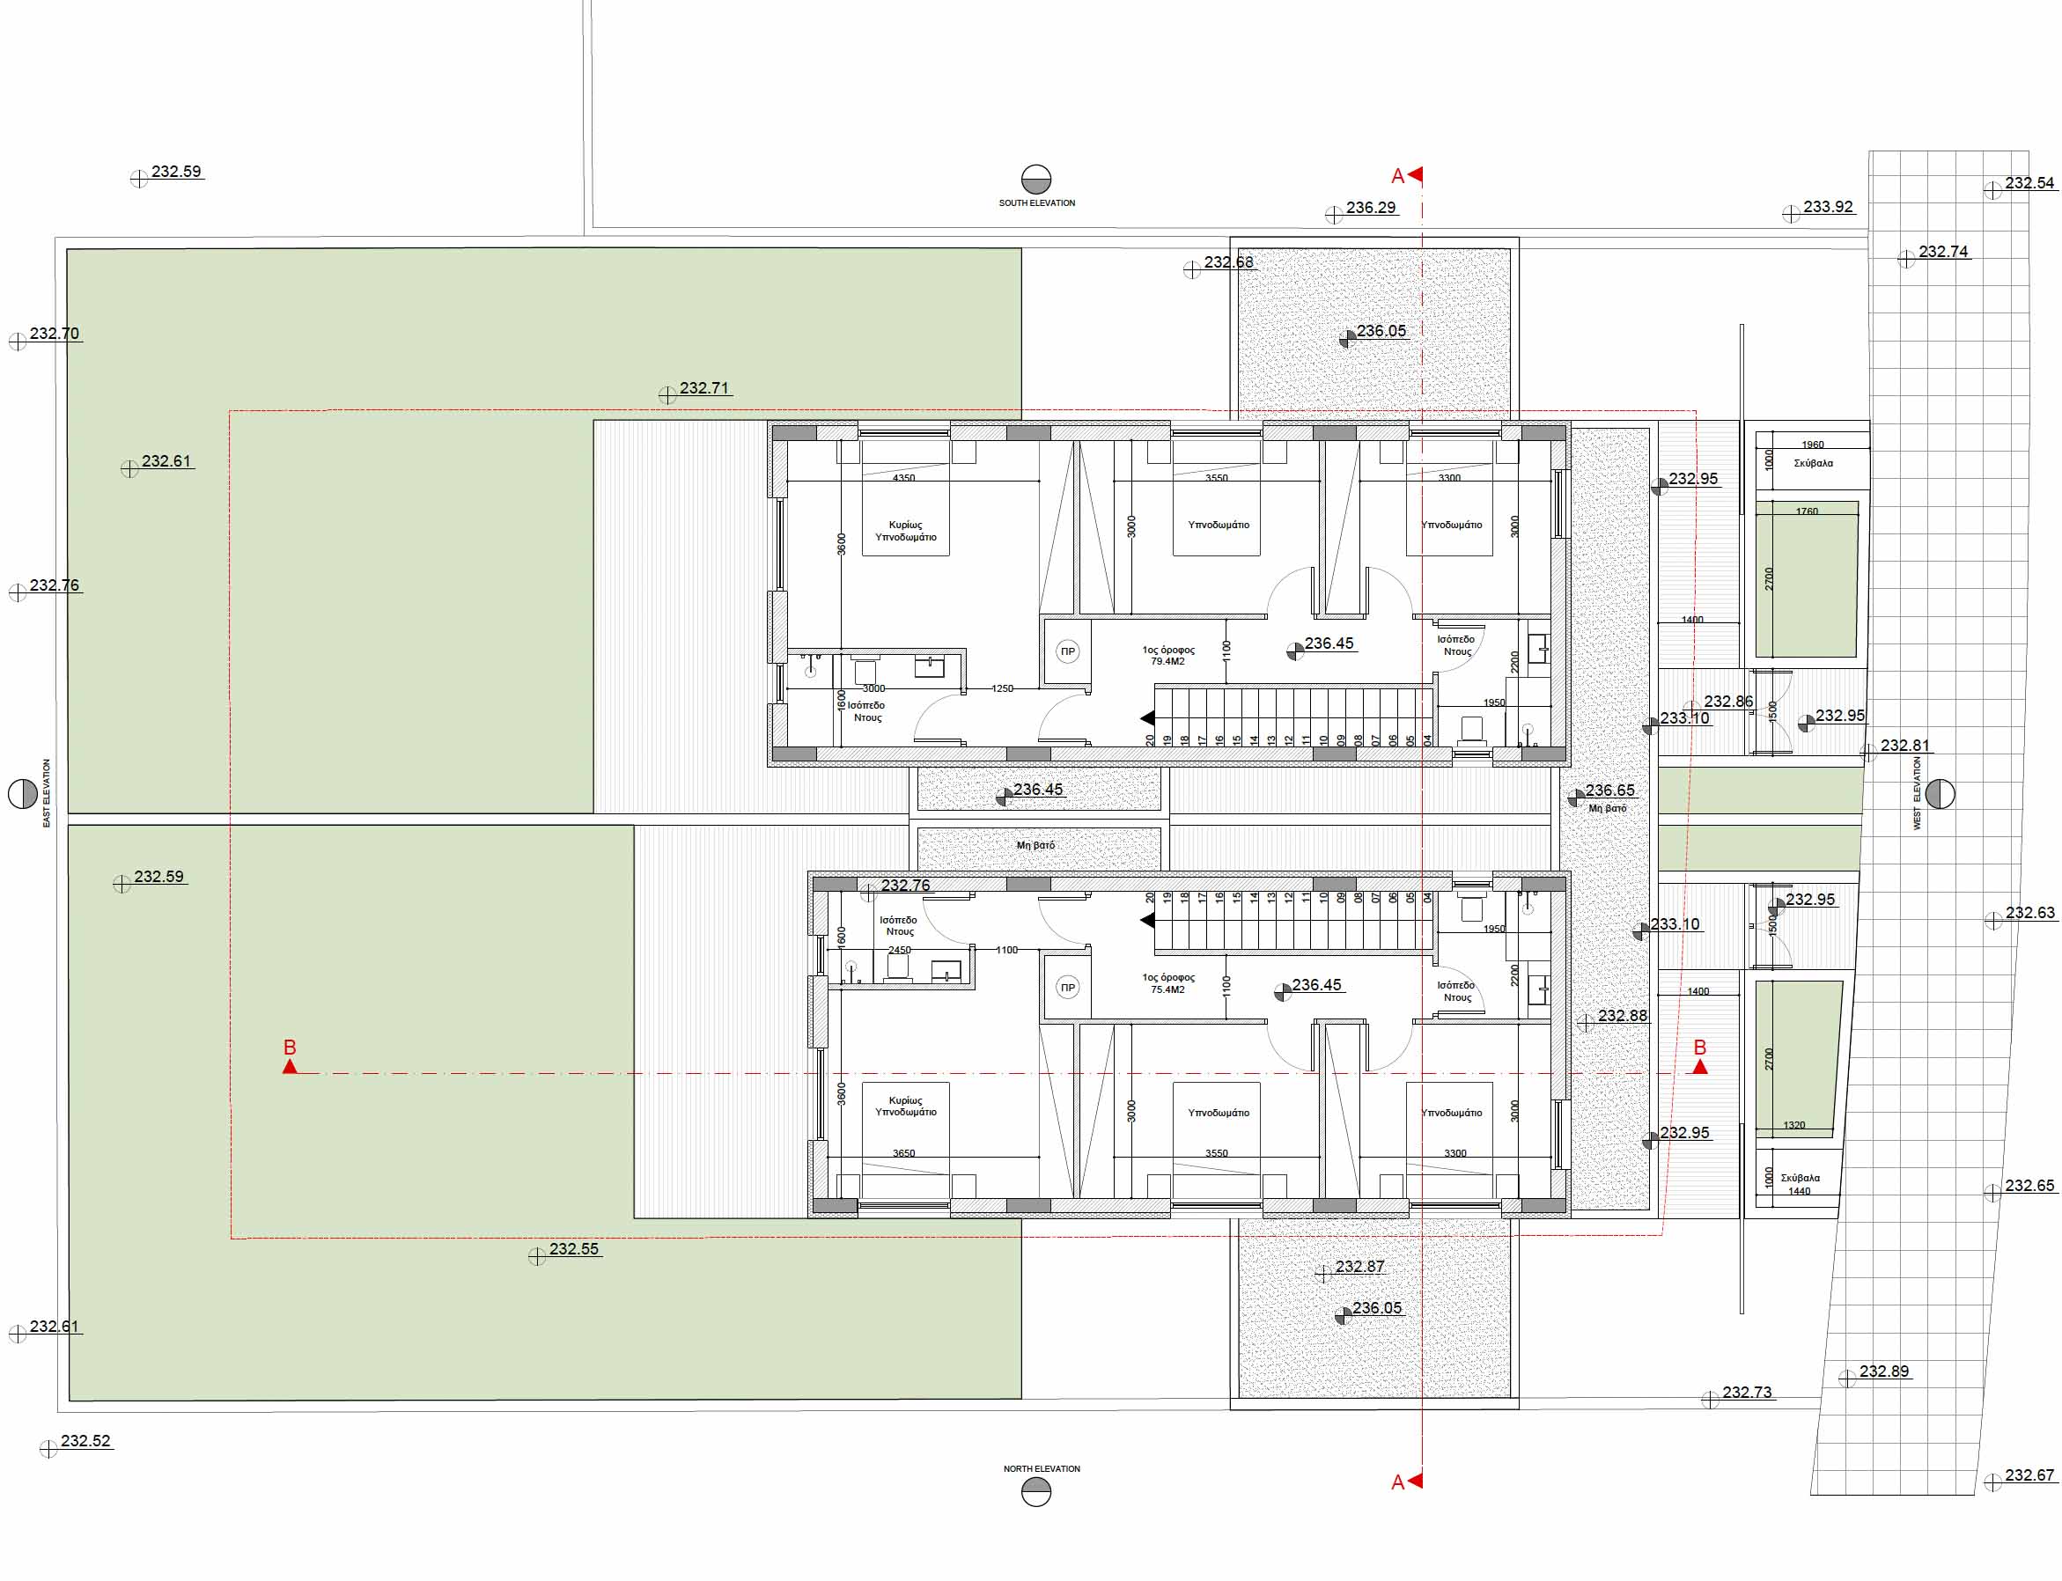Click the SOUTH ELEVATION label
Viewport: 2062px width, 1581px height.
point(1036,202)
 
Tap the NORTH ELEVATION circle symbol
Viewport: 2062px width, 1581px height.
point(1035,1491)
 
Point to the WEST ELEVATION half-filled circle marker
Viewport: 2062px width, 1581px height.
point(1940,794)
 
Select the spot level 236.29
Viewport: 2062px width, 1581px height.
point(1370,207)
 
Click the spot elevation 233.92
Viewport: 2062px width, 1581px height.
point(1828,206)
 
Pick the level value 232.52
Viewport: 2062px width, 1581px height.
point(85,1441)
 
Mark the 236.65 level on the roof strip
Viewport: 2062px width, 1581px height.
point(1609,790)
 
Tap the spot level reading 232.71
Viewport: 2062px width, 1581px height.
point(704,387)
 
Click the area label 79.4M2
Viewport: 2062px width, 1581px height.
point(1168,662)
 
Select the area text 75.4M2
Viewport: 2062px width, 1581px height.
point(1168,990)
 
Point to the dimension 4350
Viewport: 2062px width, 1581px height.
point(903,478)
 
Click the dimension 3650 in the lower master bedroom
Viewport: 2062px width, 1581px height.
point(903,1153)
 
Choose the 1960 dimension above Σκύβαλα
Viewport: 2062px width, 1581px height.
point(1813,445)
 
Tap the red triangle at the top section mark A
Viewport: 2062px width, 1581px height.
point(1415,174)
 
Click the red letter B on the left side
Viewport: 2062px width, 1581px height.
point(290,1047)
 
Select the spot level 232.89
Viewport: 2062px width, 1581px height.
point(1884,1371)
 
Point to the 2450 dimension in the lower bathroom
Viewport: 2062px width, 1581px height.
point(900,951)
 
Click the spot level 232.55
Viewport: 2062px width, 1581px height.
point(574,1249)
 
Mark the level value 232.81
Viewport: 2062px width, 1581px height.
point(1904,746)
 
